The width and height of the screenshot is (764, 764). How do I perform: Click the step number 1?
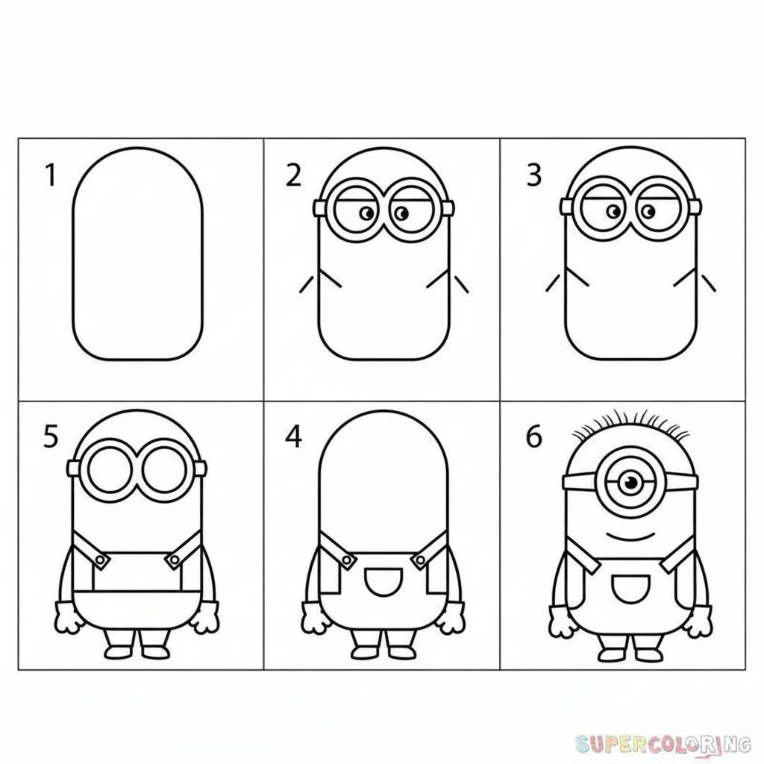pos(51,175)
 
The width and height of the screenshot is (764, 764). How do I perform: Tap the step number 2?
pos(293,175)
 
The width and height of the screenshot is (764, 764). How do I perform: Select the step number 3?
pos(534,175)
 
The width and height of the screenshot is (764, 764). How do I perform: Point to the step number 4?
pos(293,436)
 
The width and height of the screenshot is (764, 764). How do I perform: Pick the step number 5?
pos(51,436)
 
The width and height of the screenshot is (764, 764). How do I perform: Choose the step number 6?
pos(534,436)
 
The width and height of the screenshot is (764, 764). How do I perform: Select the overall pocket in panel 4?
pos(383,581)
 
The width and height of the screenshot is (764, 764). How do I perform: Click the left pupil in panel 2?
pos(367,213)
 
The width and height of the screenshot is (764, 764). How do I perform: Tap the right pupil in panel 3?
pos(648,211)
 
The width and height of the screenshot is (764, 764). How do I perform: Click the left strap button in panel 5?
pos(100,561)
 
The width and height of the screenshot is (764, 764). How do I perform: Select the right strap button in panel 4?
pos(419,561)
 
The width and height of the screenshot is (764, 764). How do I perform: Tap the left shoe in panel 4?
pos(363,652)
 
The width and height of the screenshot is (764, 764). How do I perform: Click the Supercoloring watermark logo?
pos(663,744)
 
